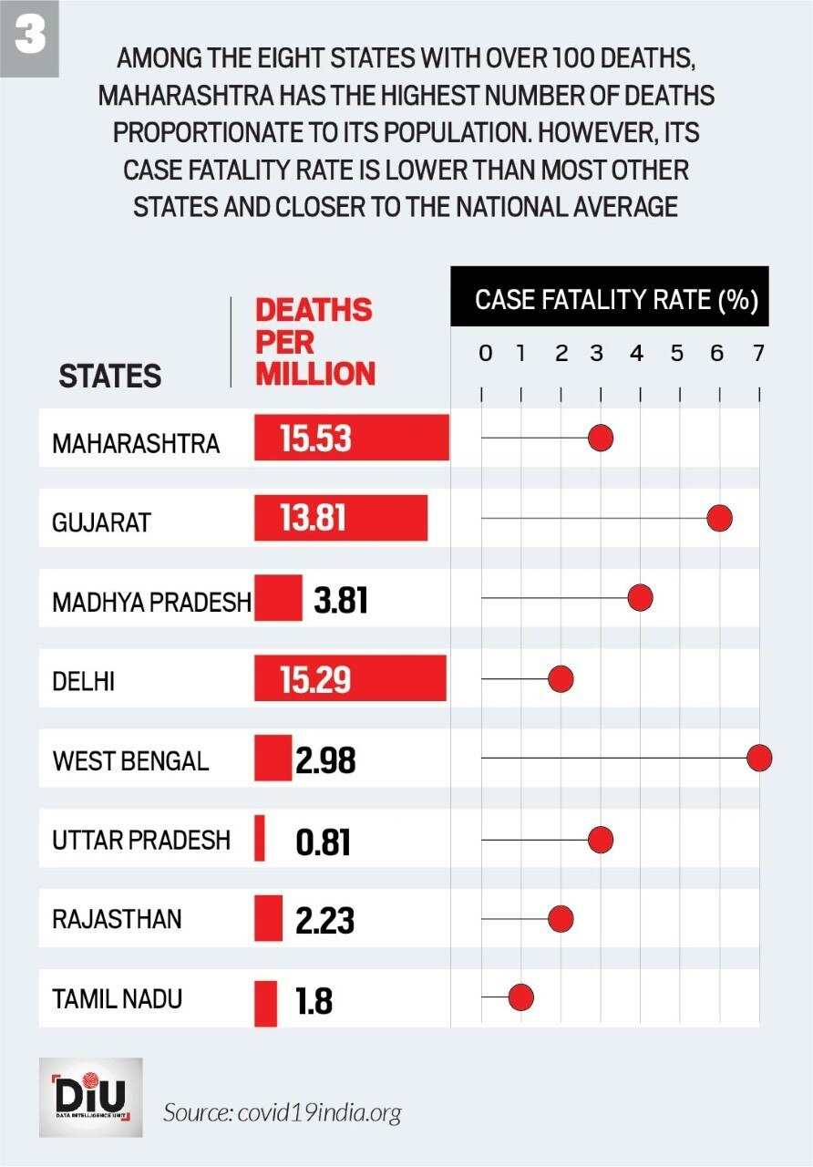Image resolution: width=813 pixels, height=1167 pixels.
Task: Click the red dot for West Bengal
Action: coord(759,759)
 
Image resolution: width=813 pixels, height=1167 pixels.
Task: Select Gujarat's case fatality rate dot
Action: coord(719,519)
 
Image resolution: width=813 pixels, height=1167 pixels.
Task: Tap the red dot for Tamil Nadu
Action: coord(520,997)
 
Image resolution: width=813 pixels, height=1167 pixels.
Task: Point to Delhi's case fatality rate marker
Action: coord(560,679)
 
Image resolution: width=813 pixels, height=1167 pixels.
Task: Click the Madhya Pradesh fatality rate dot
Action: coord(640,599)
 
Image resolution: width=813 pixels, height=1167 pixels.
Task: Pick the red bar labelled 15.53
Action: coord(351,439)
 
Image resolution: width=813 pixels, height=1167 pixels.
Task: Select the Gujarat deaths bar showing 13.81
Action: coord(340,519)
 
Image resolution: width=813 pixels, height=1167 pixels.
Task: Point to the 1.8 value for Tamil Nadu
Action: coord(314,1002)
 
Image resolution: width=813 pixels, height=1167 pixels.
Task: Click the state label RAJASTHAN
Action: coord(117,918)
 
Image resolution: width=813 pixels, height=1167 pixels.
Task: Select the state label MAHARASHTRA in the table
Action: coord(136,443)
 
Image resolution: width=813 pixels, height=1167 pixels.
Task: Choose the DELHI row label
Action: coord(83,681)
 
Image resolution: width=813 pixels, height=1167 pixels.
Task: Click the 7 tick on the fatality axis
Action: coord(757,354)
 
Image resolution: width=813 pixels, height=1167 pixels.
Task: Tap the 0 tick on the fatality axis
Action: coord(485,354)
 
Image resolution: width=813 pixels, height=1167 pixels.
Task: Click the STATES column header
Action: coord(109,376)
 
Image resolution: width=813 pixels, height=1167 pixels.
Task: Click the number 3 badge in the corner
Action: coord(29,38)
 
